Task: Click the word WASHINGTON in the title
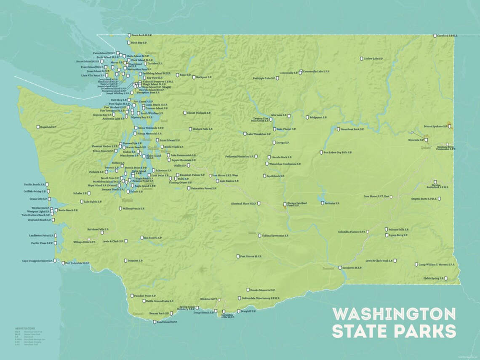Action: tap(394, 314)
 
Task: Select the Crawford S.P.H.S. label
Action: tap(448, 36)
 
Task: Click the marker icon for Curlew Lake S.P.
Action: tap(361, 59)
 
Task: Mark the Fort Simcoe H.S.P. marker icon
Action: tap(238, 256)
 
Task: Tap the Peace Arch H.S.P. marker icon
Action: tap(129, 35)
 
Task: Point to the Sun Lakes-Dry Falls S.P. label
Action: tap(338, 152)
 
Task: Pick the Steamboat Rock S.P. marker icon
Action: tap(338, 129)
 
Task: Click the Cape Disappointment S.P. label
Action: tap(37, 261)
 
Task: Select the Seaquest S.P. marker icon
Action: tap(125, 261)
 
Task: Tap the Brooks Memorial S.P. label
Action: tap(262, 290)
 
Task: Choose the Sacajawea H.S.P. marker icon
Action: tap(340, 268)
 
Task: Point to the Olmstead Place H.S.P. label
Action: tap(243, 203)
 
